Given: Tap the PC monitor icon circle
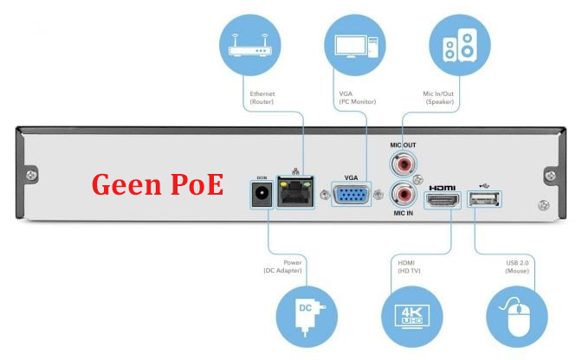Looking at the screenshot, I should [x=354, y=44].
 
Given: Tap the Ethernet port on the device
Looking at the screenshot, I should [x=295, y=192].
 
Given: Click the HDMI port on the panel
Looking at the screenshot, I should [x=443, y=202].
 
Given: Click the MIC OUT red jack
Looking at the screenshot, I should [x=402, y=163].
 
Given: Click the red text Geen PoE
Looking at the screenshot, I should [x=158, y=184].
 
